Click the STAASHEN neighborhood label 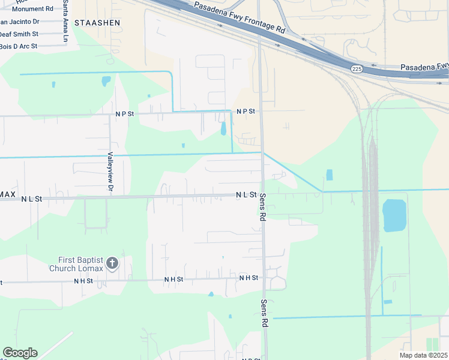97,22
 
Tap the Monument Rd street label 32,9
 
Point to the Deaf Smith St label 19,34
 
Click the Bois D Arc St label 18,46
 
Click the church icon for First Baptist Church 112,263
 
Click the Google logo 20,353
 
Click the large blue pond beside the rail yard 394,215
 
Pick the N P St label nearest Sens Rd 246,112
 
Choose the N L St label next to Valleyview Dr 31,199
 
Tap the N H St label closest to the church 83,281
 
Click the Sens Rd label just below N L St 263,208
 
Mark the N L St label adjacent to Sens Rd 246,195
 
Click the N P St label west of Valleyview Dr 125,113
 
